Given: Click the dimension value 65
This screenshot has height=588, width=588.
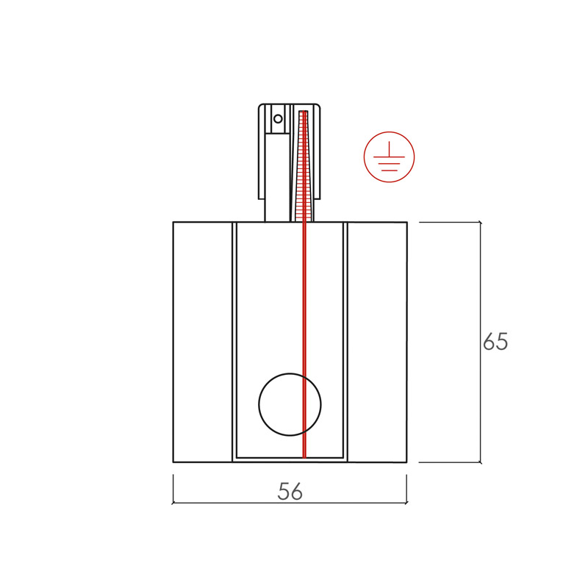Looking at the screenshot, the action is tap(495, 341).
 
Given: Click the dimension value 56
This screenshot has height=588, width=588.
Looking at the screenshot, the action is tap(290, 491).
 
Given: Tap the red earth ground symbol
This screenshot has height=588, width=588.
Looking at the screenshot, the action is tap(390, 157).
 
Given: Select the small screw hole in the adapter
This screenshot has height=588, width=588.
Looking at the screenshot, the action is tap(278, 119).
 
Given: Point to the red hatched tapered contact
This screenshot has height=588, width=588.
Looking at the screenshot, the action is tap(304, 165).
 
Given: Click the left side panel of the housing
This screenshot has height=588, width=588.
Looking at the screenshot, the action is tap(203, 342).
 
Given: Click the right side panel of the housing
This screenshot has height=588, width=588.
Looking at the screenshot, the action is tap(377, 342).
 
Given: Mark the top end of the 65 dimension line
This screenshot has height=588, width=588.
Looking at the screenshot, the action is tap(481, 223).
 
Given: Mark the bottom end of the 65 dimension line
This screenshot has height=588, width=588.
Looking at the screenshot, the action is tap(481, 462).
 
